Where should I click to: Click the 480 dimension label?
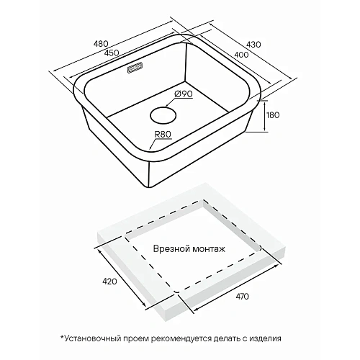click(101, 44)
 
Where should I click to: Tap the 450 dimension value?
click(112, 53)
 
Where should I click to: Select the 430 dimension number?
click(253, 45)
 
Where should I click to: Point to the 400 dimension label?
click(241, 55)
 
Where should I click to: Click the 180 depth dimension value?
click(273, 115)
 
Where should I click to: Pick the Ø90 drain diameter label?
click(184, 94)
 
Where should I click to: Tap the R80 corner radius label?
click(163, 134)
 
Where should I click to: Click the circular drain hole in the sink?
click(163, 116)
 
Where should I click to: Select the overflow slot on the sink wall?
click(135, 68)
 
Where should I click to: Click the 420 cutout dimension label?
click(109, 282)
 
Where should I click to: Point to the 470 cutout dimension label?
click(242, 297)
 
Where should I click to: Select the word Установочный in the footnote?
click(93, 338)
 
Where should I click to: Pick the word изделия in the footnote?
click(265, 339)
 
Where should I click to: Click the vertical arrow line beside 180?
click(264, 116)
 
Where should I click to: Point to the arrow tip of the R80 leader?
click(150, 150)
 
